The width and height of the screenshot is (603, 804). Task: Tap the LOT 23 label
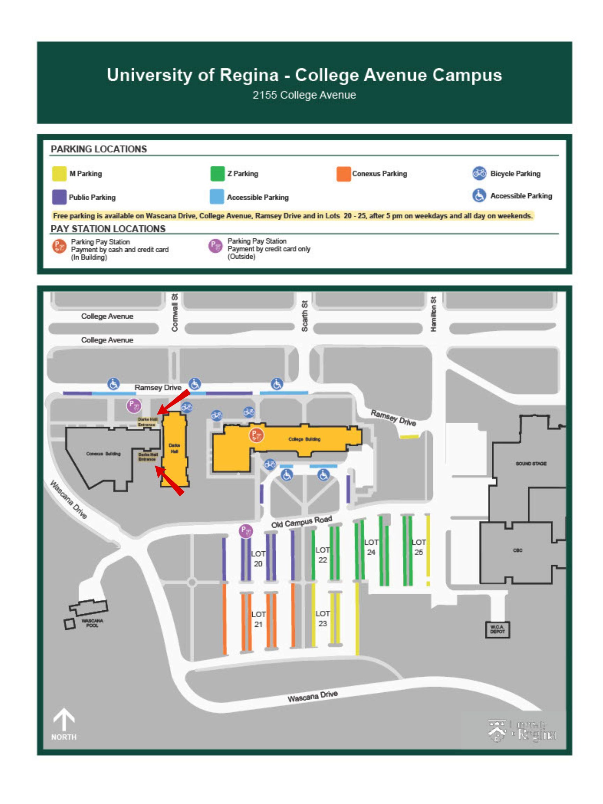(322, 618)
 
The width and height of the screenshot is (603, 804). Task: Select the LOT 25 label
(419, 547)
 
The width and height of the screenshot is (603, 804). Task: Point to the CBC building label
(518, 550)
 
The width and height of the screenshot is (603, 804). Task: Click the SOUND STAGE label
(531, 463)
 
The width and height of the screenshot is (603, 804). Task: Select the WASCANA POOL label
(92, 623)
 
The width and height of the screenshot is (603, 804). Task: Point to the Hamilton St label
(433, 314)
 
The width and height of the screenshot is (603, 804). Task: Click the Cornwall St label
(174, 313)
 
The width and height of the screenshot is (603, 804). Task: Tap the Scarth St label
(305, 315)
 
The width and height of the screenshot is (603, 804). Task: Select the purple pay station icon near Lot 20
(246, 531)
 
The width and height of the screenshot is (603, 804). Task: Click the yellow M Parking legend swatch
(59, 174)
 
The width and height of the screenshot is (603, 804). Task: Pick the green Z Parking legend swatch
(217, 174)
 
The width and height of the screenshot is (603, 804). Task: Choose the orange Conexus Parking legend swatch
(343, 174)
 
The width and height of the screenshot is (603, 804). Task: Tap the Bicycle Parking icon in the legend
(479, 173)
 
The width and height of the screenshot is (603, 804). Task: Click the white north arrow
(64, 720)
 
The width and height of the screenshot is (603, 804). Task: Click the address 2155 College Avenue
(304, 95)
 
